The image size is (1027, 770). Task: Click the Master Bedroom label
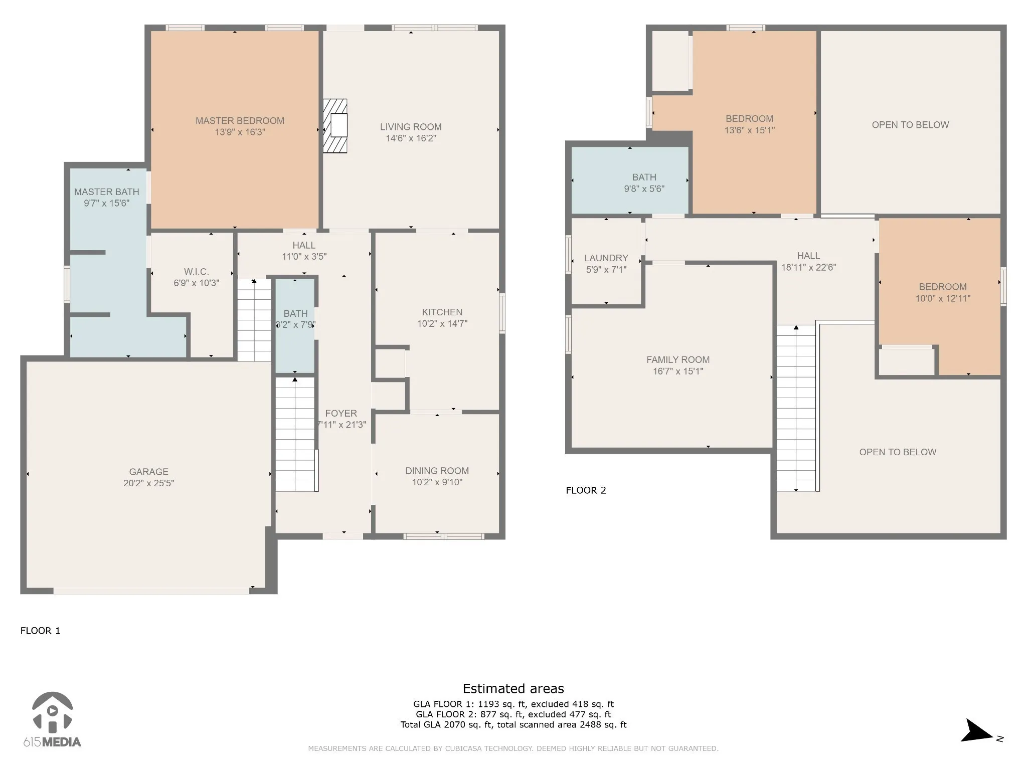click(x=240, y=121)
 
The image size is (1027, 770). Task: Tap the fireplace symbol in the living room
click(x=335, y=126)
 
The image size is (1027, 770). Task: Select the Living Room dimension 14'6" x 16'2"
click(x=411, y=138)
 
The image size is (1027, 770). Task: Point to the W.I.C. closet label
click(x=196, y=272)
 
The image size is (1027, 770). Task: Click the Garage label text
click(x=149, y=472)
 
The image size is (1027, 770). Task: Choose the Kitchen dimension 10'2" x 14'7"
click(x=442, y=324)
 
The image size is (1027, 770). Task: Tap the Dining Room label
click(x=437, y=471)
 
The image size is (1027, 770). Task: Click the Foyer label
click(x=341, y=414)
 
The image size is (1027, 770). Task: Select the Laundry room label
click(x=606, y=258)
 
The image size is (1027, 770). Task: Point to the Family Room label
click(x=678, y=359)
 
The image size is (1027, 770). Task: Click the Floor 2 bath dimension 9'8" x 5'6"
click(x=644, y=189)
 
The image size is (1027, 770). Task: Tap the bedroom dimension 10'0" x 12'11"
click(x=943, y=299)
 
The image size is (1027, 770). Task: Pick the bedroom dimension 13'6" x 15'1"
click(x=750, y=130)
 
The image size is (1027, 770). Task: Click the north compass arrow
click(x=976, y=731)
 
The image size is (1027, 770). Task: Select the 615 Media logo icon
click(x=52, y=712)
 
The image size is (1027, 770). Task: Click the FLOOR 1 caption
click(x=40, y=631)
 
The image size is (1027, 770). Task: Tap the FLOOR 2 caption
click(x=586, y=490)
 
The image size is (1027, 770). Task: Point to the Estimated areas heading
click(x=513, y=688)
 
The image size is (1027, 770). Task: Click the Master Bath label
click(x=107, y=192)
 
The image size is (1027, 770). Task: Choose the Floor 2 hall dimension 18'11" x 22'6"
click(x=808, y=268)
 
